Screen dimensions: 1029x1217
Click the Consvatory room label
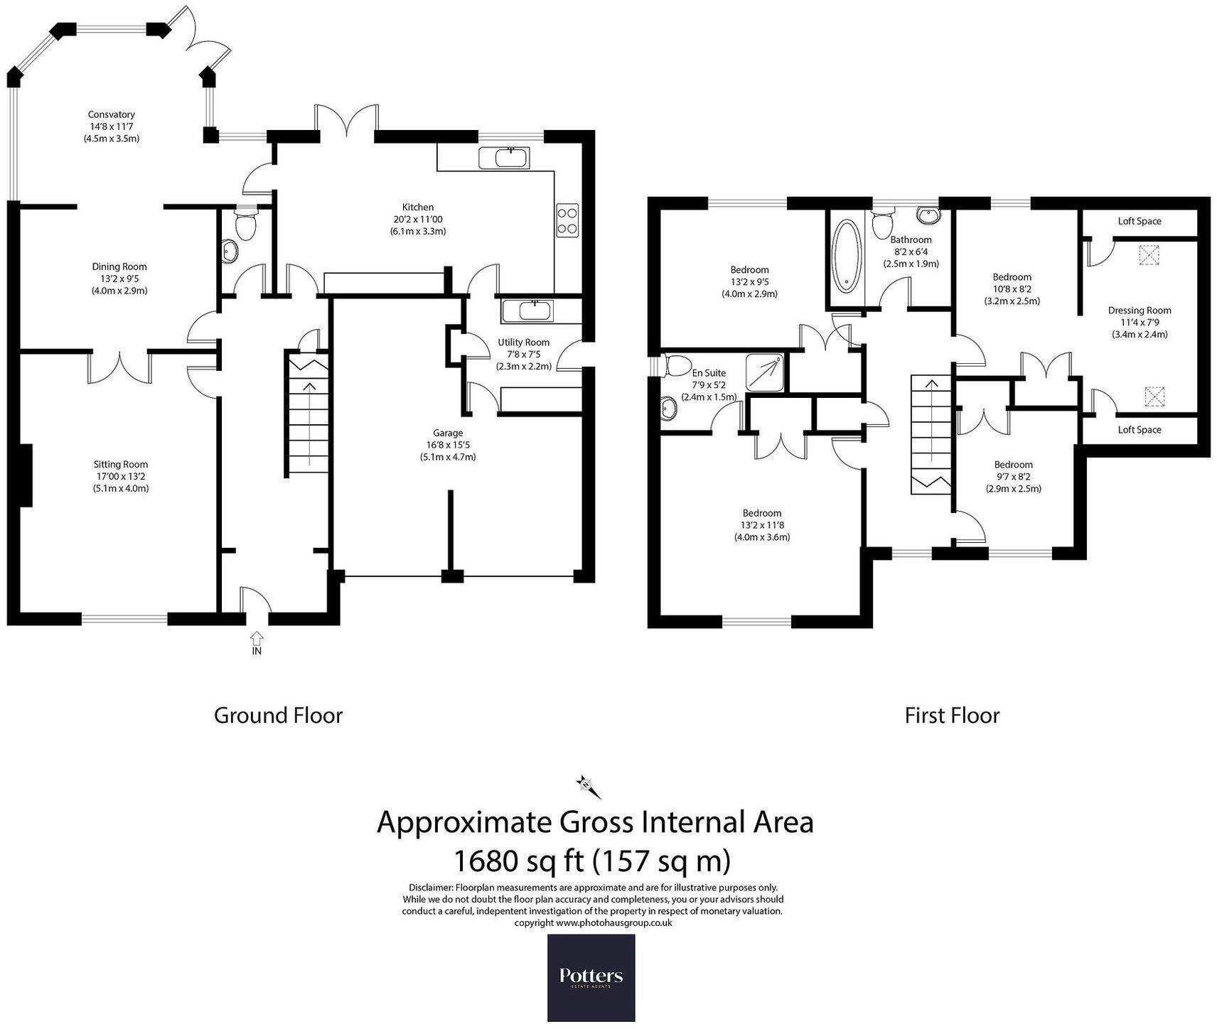[111, 114]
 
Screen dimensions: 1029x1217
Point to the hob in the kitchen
[567, 220]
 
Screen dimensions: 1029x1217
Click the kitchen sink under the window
[504, 158]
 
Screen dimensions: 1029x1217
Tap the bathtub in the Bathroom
[846, 257]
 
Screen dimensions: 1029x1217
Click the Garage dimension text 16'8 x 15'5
[447, 445]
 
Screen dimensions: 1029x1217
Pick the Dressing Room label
[1139, 310]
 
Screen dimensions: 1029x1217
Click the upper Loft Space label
[1139, 221]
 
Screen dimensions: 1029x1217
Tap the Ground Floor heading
[278, 715]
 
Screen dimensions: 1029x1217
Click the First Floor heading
[952, 715]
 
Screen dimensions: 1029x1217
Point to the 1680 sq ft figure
[517, 861]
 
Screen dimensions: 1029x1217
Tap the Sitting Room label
[121, 464]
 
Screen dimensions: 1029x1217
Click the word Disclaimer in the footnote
[430, 888]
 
